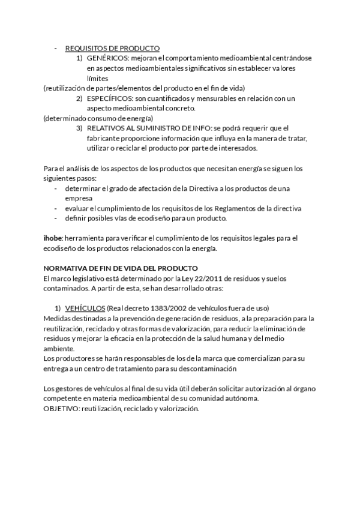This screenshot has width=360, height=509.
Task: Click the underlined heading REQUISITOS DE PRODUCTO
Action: pyautogui.click(x=112, y=47)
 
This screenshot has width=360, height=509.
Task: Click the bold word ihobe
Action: pyautogui.click(x=53, y=238)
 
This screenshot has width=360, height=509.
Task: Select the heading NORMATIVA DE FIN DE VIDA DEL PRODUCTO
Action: pyautogui.click(x=121, y=268)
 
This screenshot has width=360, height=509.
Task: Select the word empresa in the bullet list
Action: pyautogui.click(x=78, y=198)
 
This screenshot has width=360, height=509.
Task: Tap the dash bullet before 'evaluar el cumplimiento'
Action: pyautogui.click(x=56, y=208)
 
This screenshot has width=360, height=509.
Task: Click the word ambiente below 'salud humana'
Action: pyautogui.click(x=59, y=349)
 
